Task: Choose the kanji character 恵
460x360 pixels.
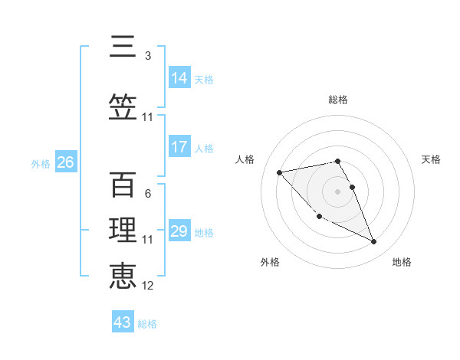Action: [x=123, y=275]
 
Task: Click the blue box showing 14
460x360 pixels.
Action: [x=179, y=77]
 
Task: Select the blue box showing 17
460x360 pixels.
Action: [x=179, y=146]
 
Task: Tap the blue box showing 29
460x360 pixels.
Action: [x=179, y=231]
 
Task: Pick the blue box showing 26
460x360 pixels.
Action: [x=65, y=162]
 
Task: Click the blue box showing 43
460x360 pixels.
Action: [x=123, y=322]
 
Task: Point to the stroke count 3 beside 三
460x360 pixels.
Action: [x=148, y=56]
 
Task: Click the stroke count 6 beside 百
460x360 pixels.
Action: [x=148, y=194]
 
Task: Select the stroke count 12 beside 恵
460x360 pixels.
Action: [x=148, y=286]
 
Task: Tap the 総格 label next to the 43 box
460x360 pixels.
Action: [x=147, y=324]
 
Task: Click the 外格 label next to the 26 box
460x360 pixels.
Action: [x=41, y=163]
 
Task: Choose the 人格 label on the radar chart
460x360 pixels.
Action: [x=245, y=159]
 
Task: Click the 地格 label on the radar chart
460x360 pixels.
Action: [x=402, y=262]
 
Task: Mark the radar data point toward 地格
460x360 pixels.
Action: [x=373, y=242]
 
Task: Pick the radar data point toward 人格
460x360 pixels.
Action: [x=279, y=172]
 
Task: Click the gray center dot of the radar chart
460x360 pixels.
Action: [x=337, y=191]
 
